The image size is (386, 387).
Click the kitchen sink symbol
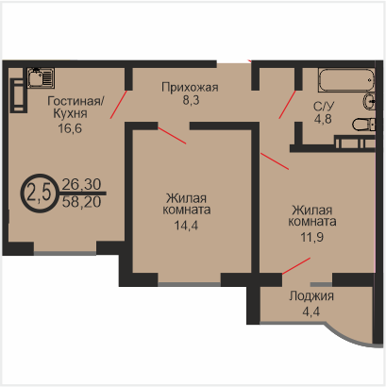click(x=41, y=77)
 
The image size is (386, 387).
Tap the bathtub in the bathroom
click(x=346, y=80)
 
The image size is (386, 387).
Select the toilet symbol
click(x=363, y=125)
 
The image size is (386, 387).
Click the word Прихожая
click(x=190, y=87)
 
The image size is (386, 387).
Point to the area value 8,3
click(x=191, y=100)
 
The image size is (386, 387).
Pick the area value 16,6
click(x=70, y=128)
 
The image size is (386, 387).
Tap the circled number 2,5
click(x=39, y=193)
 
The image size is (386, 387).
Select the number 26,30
click(x=81, y=184)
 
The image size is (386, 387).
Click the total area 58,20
click(x=81, y=202)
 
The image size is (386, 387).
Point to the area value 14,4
click(x=186, y=226)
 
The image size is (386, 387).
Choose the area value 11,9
click(x=311, y=237)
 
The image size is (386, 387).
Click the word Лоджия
click(x=311, y=296)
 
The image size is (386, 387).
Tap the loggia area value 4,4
click(x=310, y=311)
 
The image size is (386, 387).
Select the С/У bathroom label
click(x=324, y=107)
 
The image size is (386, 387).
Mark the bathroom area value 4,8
click(x=323, y=119)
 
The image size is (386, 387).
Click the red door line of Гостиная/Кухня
click(x=118, y=105)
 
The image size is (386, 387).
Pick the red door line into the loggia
click(x=296, y=266)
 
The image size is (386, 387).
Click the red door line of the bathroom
click(x=287, y=105)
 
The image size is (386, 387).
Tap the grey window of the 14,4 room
click(x=189, y=284)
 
